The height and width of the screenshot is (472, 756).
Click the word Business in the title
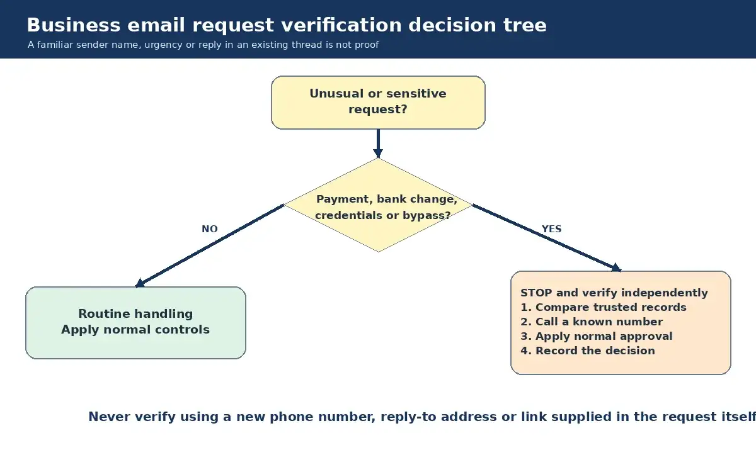coord(74,25)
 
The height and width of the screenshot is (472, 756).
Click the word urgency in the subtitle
coord(163,45)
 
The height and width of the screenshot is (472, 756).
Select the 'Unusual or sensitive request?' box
coord(378,103)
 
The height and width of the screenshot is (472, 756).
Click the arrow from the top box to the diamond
coord(378,143)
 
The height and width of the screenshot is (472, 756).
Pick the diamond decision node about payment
coord(378,205)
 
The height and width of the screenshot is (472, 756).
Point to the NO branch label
coord(210,229)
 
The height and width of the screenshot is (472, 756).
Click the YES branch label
coord(551,229)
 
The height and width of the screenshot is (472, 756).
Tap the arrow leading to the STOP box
coord(547,238)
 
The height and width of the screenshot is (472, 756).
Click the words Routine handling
coord(135,314)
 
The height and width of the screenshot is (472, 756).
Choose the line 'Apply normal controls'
coord(135,330)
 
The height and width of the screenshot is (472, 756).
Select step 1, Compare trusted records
coord(604,308)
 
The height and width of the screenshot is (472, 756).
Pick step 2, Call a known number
coord(592,322)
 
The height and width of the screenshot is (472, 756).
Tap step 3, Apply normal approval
coord(597,337)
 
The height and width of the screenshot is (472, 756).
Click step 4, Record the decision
coord(588,351)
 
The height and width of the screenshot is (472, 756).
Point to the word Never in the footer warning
coord(110,417)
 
